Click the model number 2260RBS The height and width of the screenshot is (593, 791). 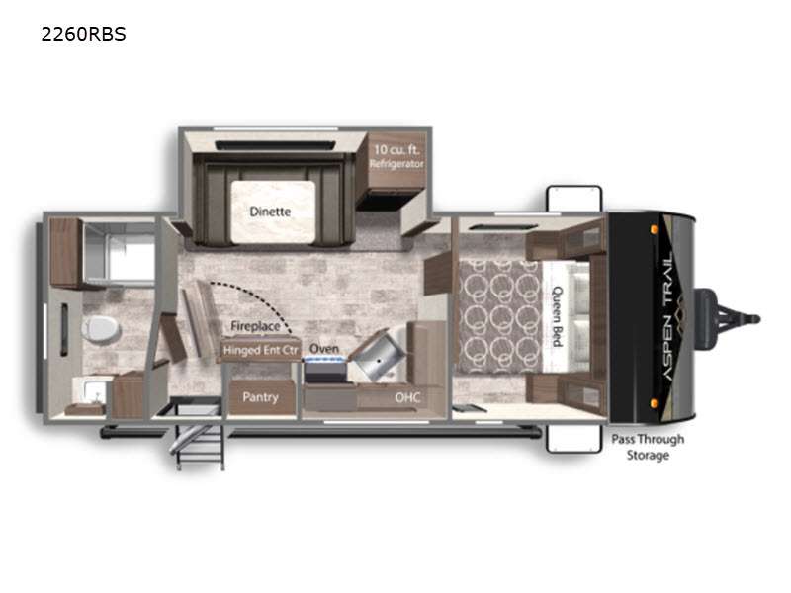coord(83,34)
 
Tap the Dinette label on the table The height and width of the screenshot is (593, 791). coord(270,212)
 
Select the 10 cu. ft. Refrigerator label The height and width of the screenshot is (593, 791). coord(396,156)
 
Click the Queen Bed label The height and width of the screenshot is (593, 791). coord(558,316)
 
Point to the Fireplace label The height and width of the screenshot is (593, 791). coord(255,326)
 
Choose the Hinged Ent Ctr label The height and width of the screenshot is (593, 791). coord(260,350)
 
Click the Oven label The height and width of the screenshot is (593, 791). coord(324,349)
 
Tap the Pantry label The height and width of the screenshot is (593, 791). coord(260,397)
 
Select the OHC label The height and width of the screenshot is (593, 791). coord(407,397)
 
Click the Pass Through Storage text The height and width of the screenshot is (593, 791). coord(648,447)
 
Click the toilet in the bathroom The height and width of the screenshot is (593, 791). coord(101,329)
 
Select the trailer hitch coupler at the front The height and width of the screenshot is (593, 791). coord(729,318)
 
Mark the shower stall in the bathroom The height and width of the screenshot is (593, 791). coord(119,252)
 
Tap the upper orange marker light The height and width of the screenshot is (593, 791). coord(654,230)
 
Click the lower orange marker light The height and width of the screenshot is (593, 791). coord(654,403)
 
